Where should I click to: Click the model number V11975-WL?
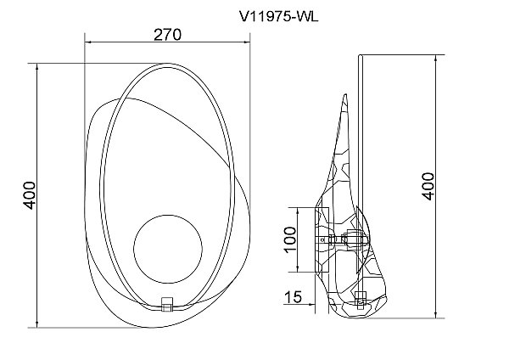(279, 16)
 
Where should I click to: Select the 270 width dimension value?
(167, 35)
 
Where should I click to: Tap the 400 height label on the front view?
(30, 195)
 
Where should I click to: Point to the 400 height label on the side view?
(428, 186)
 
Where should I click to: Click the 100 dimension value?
(290, 239)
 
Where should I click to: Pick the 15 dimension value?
(294, 297)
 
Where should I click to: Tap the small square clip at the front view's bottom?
(167, 304)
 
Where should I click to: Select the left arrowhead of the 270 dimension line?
(88, 42)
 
